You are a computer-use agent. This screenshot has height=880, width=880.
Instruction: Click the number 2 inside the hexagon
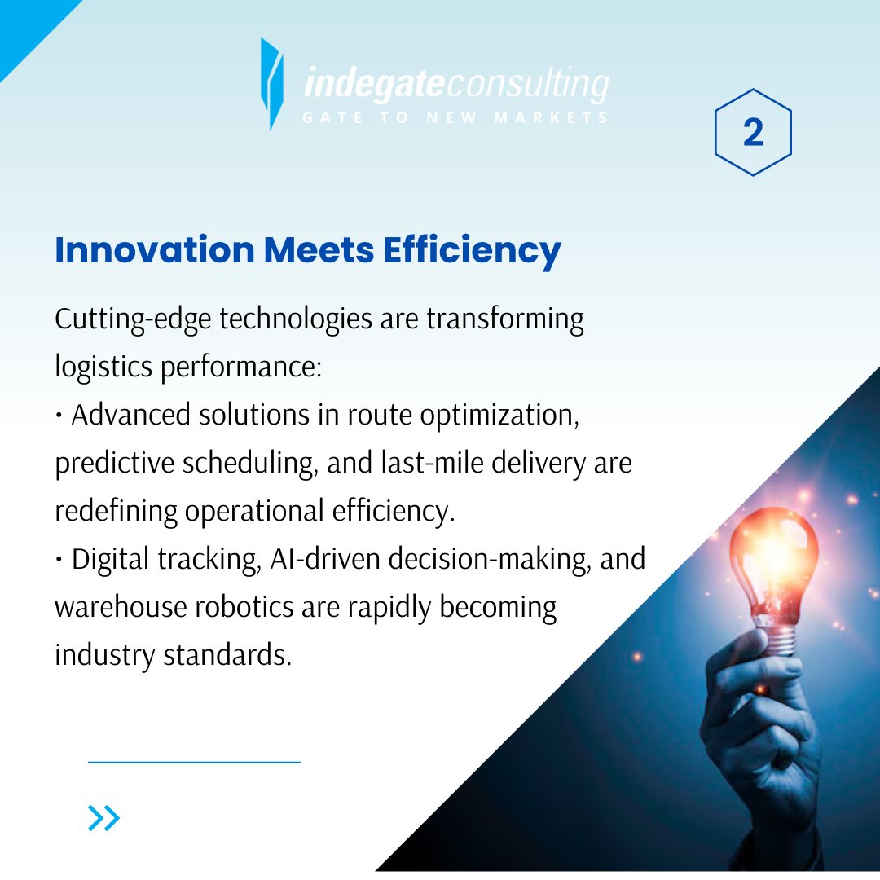coord(753,133)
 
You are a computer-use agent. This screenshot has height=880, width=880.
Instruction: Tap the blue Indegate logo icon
coord(272,83)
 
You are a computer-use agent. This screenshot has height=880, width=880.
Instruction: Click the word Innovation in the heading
coord(154,249)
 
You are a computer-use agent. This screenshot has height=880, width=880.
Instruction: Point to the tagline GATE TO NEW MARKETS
coord(455,118)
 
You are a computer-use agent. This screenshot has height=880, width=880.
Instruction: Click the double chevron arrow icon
coord(103,817)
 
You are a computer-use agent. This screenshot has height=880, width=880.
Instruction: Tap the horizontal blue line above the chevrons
coord(194,762)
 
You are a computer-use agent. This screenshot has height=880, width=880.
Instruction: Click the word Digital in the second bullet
coord(111,560)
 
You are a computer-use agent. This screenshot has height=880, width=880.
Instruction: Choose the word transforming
coord(505,319)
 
